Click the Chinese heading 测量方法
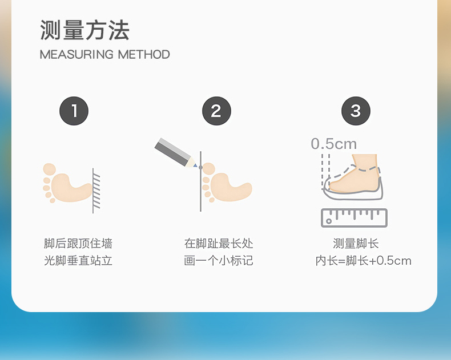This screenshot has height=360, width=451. [x=84, y=30]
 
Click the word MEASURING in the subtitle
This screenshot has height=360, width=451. [x=76, y=54]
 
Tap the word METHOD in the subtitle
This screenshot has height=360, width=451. [x=144, y=54]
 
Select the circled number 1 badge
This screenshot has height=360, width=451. [x=74, y=111]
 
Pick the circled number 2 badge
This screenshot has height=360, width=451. [x=216, y=111]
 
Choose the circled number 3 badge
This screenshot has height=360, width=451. [x=356, y=111]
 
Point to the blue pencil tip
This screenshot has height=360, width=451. [x=195, y=165]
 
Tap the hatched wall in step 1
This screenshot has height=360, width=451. [x=96, y=191]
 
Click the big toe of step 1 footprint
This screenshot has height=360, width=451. [x=50, y=169]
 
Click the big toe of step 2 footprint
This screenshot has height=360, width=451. [x=209, y=168]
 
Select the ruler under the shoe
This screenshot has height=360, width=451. [x=354, y=218]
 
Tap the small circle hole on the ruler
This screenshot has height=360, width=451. [x=329, y=221]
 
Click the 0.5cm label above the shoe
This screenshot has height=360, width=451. [x=333, y=144]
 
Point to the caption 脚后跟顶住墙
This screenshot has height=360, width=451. [x=78, y=244]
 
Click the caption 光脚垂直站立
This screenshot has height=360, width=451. [x=78, y=261]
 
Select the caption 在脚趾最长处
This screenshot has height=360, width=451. [x=219, y=244]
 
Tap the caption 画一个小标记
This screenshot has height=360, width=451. [x=219, y=261]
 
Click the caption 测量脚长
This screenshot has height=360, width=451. [x=356, y=244]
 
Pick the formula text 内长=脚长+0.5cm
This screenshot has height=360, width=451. [x=363, y=261]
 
